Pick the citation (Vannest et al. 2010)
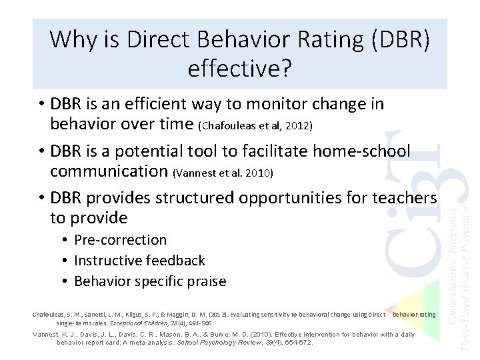[x=222, y=173]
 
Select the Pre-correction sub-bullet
[x=120, y=240]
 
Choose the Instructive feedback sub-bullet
[x=139, y=261]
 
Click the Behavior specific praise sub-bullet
[x=150, y=281]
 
